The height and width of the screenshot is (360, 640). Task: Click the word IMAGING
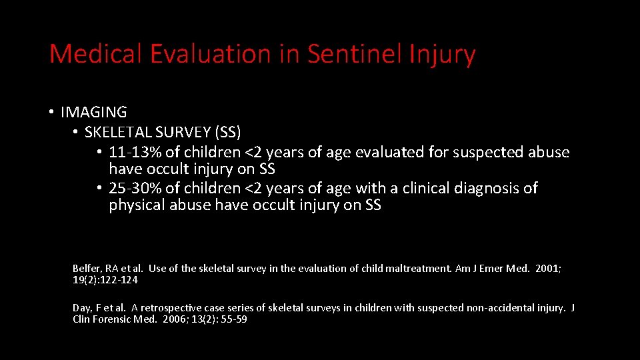click(x=93, y=113)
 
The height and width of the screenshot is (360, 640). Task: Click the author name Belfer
click(x=86, y=269)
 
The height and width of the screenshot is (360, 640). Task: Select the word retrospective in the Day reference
click(x=173, y=308)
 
